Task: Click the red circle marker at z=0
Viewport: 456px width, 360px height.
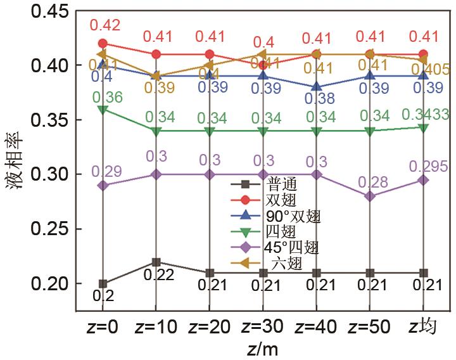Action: click(103, 44)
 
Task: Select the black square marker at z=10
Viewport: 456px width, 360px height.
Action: click(156, 262)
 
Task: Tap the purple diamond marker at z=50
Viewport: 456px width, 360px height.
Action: click(370, 196)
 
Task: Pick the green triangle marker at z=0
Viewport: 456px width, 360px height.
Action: click(103, 109)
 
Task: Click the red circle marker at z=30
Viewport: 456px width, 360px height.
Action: click(263, 65)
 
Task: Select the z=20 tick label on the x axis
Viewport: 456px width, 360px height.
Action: click(210, 328)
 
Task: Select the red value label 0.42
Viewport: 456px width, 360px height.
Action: click(104, 25)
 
